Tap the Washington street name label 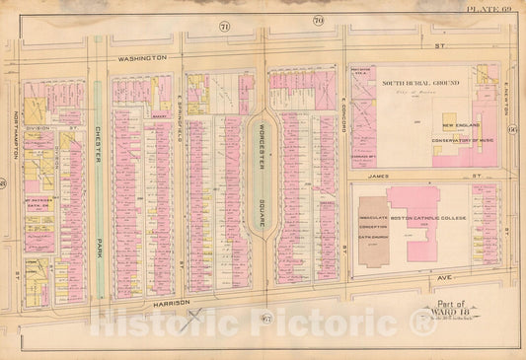point(146,58)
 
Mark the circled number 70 point(318,20)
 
